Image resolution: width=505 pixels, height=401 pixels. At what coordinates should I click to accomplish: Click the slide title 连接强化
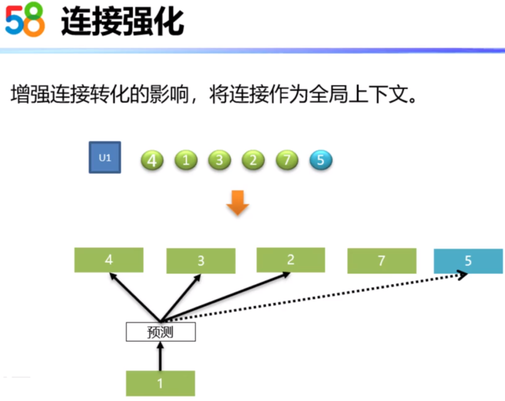point(122,22)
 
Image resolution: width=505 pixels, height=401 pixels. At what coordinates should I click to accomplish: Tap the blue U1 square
point(105,158)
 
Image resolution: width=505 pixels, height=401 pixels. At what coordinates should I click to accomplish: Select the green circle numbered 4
point(152,161)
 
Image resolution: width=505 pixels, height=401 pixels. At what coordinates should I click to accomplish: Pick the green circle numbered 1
point(186,160)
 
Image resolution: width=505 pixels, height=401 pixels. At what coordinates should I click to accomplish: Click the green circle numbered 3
point(219,160)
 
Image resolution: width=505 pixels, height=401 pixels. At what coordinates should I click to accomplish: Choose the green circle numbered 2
point(253,160)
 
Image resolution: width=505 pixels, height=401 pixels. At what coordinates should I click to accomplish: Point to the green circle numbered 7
point(287,160)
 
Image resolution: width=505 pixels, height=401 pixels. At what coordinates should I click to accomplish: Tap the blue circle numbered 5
point(321,160)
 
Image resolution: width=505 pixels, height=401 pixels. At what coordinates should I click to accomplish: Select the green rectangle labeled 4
point(108,260)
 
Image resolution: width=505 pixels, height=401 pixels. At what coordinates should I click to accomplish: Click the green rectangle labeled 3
point(201,261)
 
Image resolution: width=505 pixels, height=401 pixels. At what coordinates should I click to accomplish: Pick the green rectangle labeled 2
point(290,260)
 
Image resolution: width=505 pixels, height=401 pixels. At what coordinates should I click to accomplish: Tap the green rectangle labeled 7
point(382,261)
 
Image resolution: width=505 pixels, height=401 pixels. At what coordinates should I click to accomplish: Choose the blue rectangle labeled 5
point(468,261)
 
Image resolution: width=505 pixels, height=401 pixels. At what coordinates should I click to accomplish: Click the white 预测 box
point(160,332)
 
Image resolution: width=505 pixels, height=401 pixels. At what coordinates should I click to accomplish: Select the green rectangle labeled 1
point(160,383)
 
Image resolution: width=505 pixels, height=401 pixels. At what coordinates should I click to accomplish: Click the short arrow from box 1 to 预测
point(160,356)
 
